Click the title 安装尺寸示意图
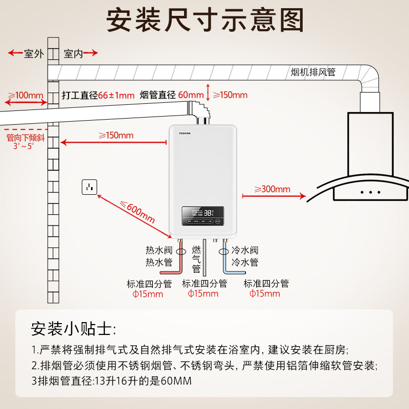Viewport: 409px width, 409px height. coord(204,20)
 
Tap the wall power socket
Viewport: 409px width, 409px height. coord(89,188)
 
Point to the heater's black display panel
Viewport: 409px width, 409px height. coord(203,215)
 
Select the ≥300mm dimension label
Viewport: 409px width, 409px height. coord(272,189)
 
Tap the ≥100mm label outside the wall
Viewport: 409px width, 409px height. coord(23,96)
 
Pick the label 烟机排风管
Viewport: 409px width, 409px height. coord(313,72)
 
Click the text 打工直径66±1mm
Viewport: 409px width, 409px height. coord(98,95)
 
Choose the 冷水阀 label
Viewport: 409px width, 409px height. coord(245,251)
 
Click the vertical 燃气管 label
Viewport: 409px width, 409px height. coord(196,259)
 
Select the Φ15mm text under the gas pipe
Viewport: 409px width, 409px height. coord(203,293)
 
